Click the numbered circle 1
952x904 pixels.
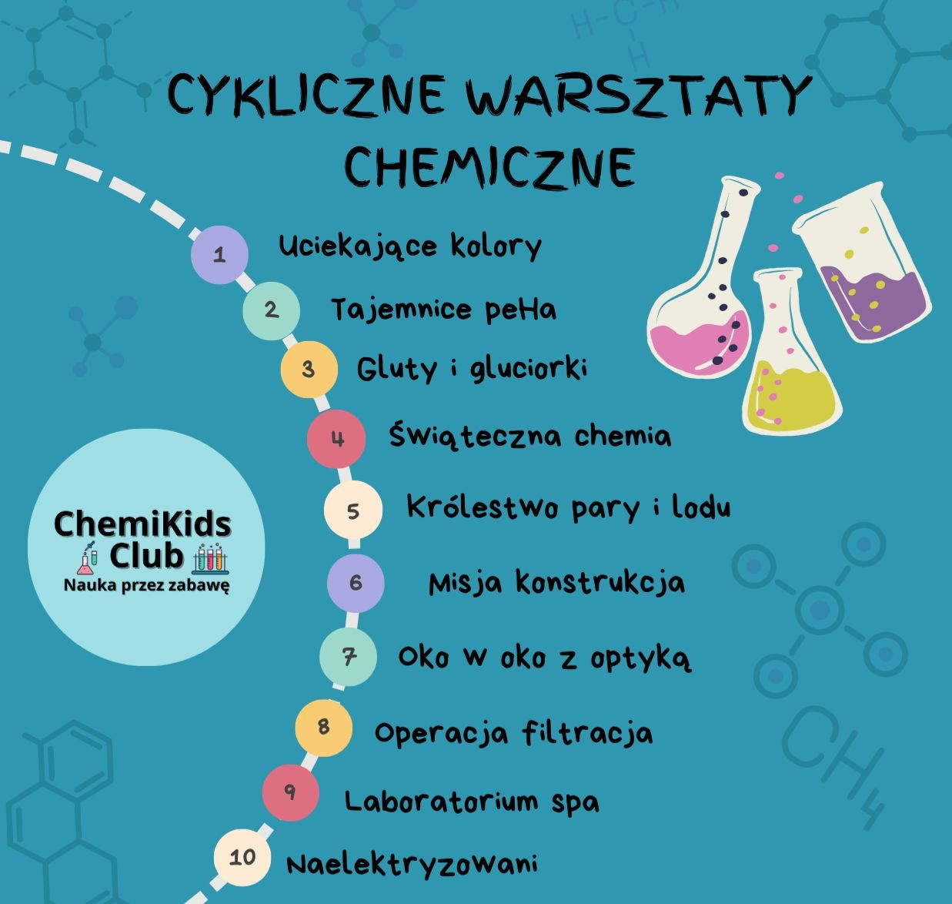coord(219,254)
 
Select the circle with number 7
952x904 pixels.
coord(349,657)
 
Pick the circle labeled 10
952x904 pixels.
coord(242,857)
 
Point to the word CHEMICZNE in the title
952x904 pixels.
coord(489,165)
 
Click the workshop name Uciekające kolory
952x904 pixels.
coord(410,246)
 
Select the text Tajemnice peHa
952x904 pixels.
coord(443,310)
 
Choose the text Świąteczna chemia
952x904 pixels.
coord(529,436)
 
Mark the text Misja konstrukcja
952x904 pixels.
coord(556,583)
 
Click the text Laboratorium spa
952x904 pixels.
coord(471,802)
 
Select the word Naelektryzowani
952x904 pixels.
coord(412,863)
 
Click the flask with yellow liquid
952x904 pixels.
coord(789,362)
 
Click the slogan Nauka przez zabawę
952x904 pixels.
coord(146,585)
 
